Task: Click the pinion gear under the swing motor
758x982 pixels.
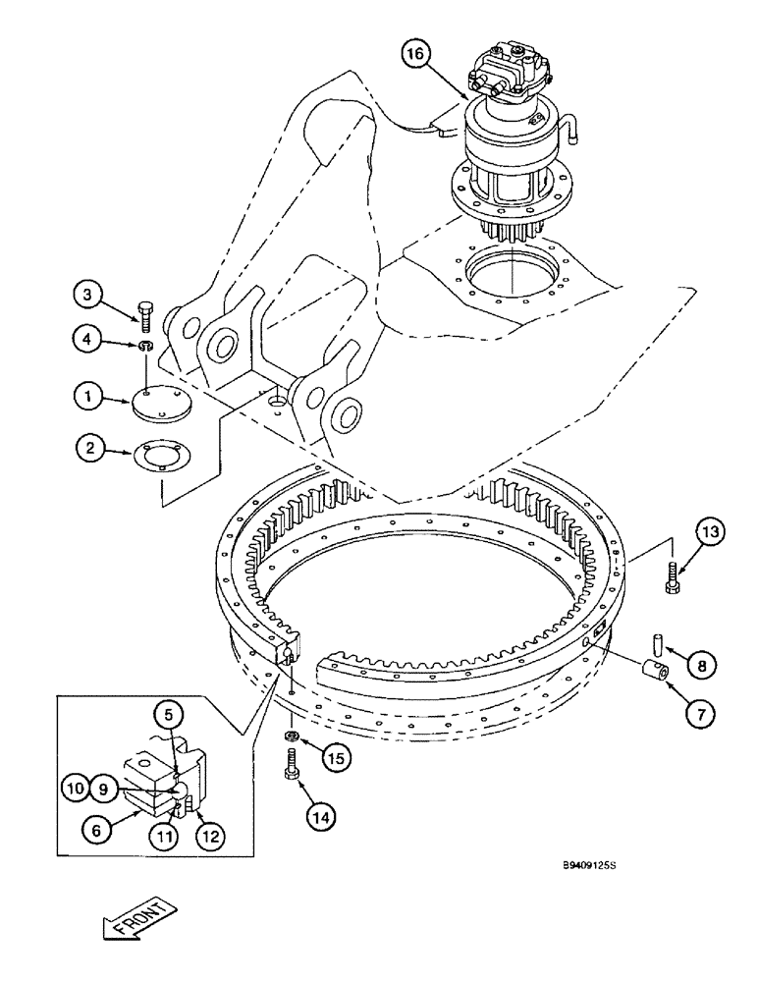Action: (512, 236)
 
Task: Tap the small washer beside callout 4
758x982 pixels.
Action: (145, 347)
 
